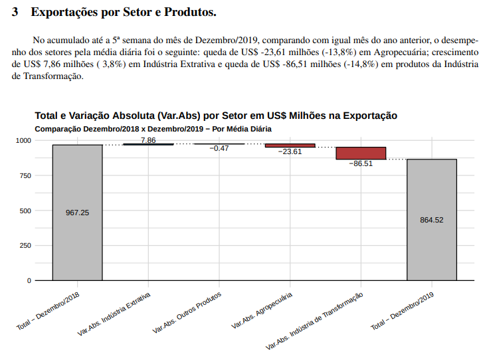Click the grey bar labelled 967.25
77,213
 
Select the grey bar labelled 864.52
432,220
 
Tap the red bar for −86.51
361,153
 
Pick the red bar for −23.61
290,145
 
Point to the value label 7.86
148,140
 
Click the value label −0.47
219,148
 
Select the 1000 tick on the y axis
23,141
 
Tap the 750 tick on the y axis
25,175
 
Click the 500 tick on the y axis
25,211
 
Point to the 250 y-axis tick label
25,246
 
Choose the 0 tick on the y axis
29,280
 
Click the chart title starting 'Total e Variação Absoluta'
216,116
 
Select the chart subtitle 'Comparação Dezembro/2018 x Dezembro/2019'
153,128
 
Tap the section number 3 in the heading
15,13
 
